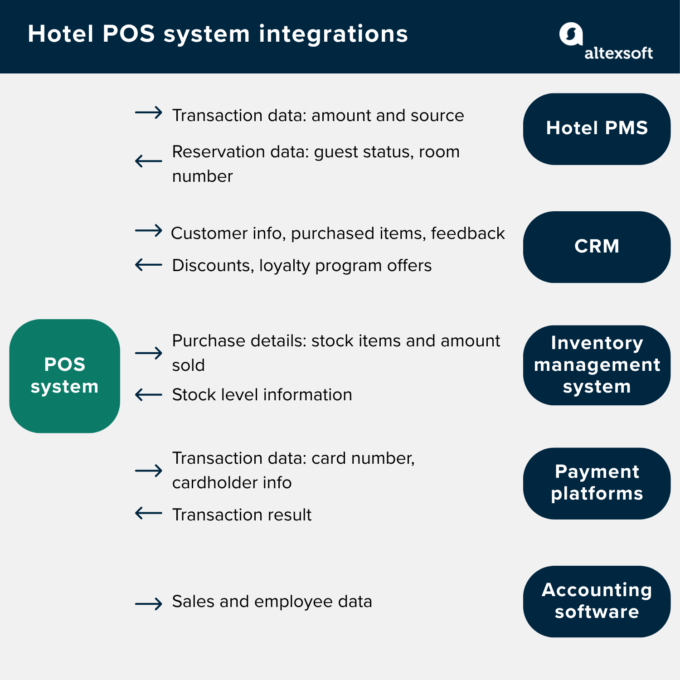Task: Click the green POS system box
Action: coord(65,376)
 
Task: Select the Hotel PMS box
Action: coord(597,129)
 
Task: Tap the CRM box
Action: coord(597,247)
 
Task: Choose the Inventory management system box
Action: coord(597,365)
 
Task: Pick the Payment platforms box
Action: coord(597,483)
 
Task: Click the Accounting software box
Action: coord(597,601)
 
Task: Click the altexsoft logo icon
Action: coord(570,34)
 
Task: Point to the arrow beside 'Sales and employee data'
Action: coord(149,603)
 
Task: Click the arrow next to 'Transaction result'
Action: coord(149,513)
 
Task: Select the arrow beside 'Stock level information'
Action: coord(149,395)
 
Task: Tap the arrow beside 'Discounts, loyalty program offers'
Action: coord(149,265)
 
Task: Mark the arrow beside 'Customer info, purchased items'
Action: coord(149,231)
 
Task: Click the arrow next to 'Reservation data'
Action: coord(149,161)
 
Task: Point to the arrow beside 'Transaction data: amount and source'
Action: coord(149,112)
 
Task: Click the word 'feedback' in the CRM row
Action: coord(467,233)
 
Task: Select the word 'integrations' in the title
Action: coord(333,34)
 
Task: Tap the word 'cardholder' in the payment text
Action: coord(208,482)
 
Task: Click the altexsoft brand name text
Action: coord(618,53)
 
